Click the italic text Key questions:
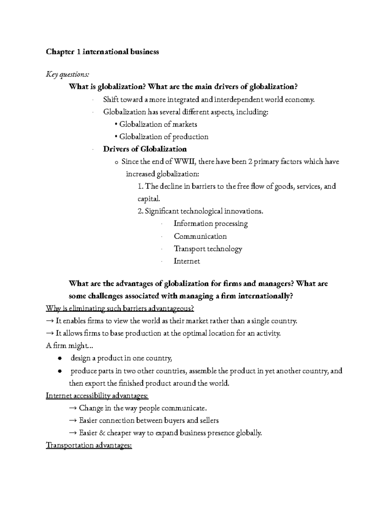67,74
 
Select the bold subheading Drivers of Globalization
145,149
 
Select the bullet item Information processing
211,224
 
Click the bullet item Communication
200,236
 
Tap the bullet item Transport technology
208,249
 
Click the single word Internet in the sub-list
187,261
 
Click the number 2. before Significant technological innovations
140,211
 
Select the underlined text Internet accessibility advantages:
97,396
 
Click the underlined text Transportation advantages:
89,445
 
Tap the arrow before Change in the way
73,408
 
